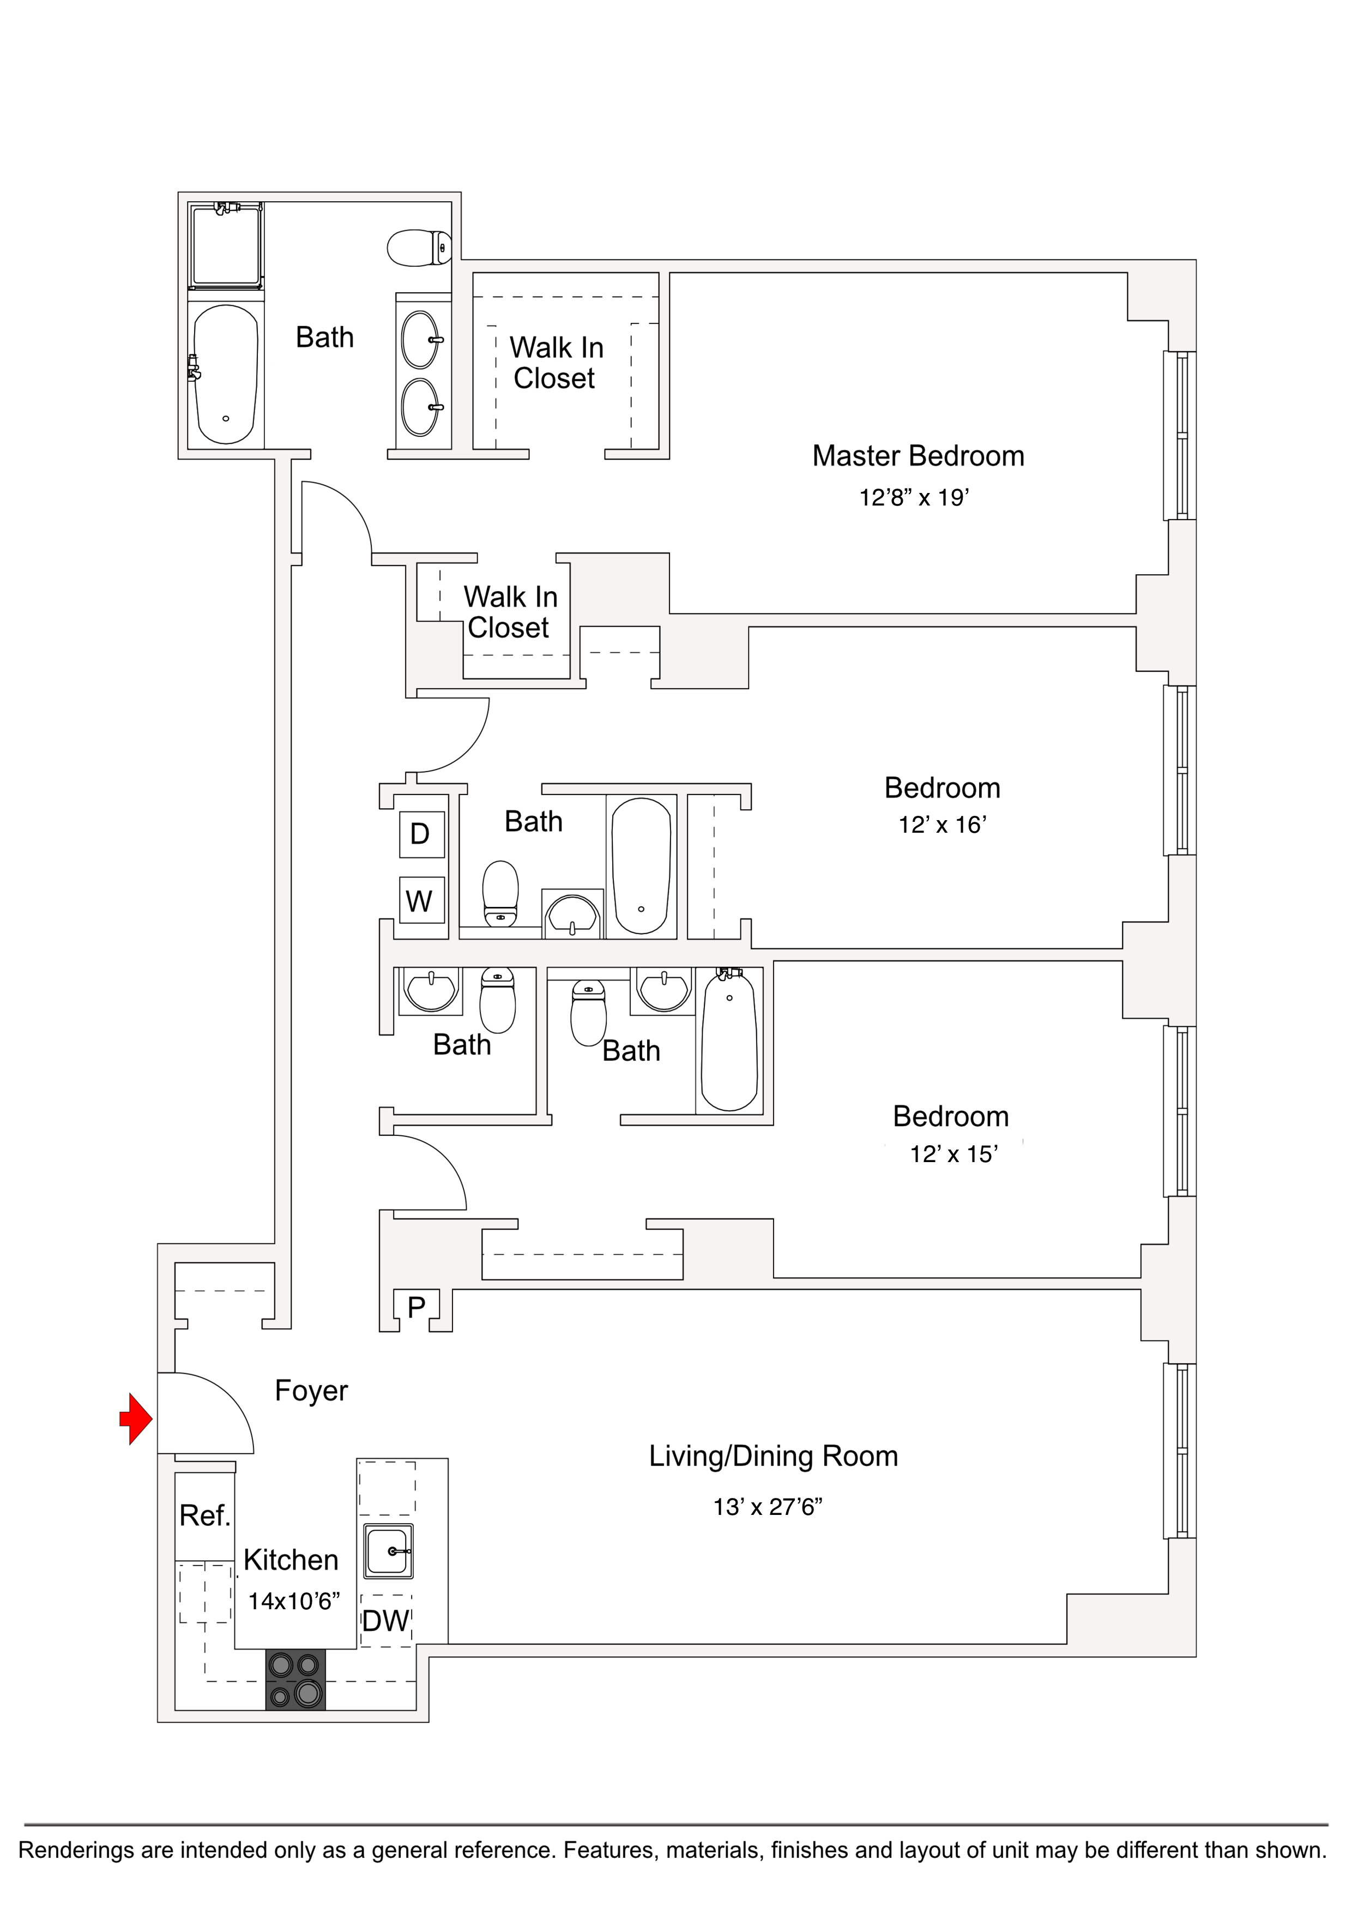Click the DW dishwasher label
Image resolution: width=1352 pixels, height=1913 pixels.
[x=385, y=1621]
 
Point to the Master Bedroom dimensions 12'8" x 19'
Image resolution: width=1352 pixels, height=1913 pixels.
[x=914, y=497]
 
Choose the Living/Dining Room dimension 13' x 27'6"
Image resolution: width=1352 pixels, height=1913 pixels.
[x=767, y=1506]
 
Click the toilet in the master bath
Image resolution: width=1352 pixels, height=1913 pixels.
[x=419, y=248]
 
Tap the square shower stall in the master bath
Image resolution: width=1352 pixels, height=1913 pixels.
[x=226, y=246]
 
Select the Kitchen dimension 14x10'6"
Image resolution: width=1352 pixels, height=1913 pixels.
[x=294, y=1601]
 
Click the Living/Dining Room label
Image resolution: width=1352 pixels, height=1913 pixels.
[x=773, y=1455]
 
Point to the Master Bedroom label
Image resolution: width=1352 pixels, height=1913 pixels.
[x=918, y=456]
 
